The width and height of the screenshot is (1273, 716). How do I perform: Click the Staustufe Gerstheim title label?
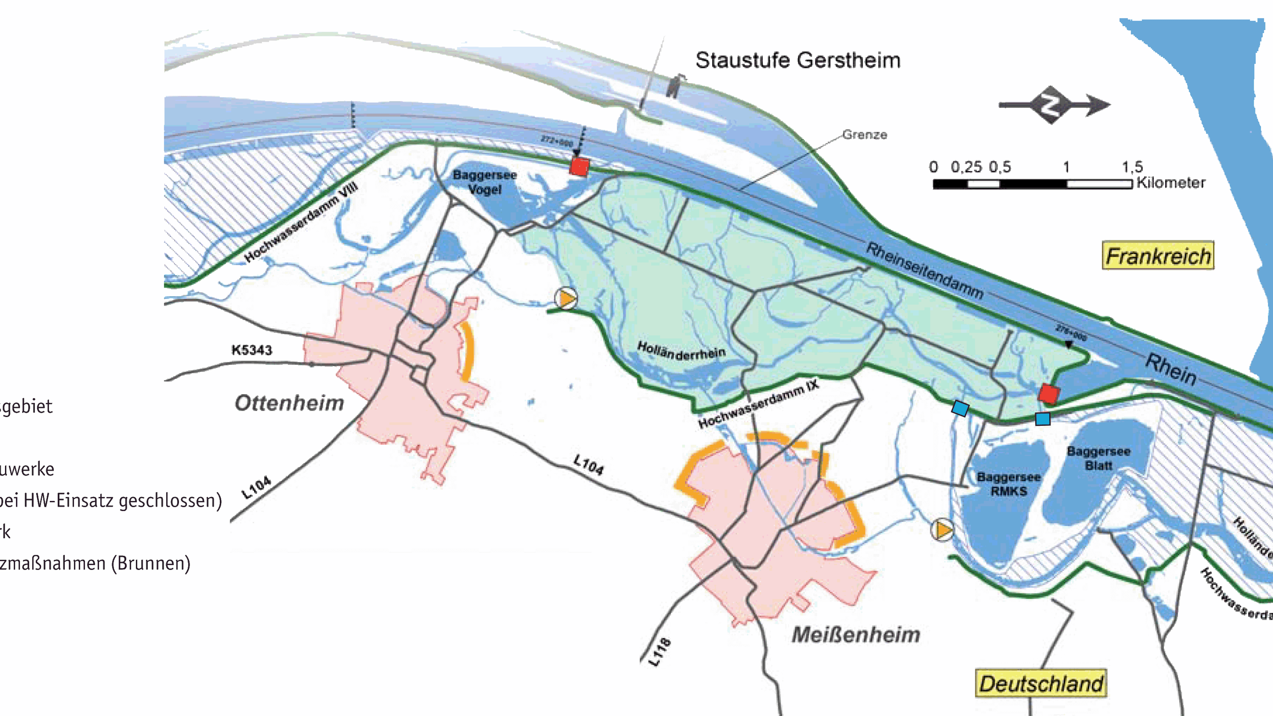click(798, 60)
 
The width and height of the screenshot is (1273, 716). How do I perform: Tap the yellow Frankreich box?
click(1158, 256)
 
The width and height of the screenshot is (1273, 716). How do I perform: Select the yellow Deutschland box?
click(1041, 684)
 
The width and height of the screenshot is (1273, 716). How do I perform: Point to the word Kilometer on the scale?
click(1171, 183)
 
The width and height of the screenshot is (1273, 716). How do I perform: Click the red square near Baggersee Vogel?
click(579, 166)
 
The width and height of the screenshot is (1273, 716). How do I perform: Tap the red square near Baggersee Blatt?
click(1049, 394)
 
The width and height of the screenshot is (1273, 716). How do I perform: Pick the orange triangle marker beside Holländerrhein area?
click(566, 298)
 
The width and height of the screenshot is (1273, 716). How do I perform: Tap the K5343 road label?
click(252, 350)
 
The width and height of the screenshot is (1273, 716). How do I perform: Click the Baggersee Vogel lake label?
click(485, 182)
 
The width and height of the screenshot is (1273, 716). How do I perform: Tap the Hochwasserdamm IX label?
click(758, 404)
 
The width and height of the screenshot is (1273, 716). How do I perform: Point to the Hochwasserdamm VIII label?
click(301, 222)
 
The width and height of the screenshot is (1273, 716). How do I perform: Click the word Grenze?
click(864, 134)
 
